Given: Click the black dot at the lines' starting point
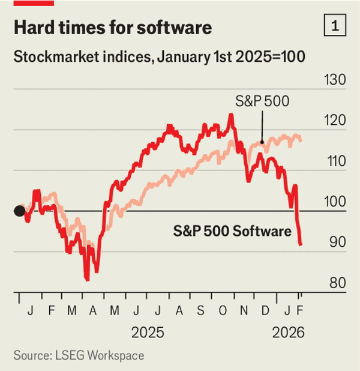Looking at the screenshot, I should [19, 211].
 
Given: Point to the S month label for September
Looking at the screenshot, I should [202, 311].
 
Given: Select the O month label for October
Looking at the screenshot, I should [223, 311].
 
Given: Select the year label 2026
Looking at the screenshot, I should [289, 333].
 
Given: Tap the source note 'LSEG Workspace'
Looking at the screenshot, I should [79, 356].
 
